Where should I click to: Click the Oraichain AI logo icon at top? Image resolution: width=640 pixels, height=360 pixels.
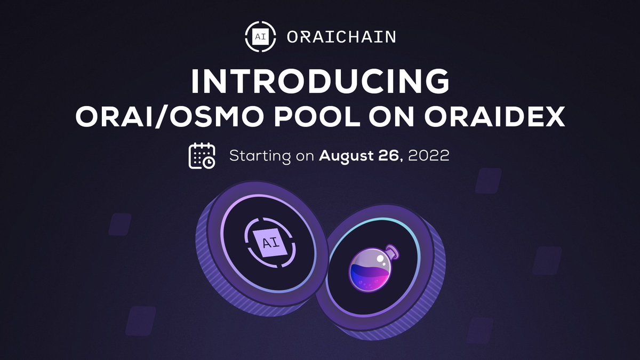click(x=260, y=37)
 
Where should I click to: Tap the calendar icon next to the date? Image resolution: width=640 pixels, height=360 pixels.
click(x=202, y=156)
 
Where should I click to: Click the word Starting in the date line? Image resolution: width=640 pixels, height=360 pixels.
click(x=260, y=157)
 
